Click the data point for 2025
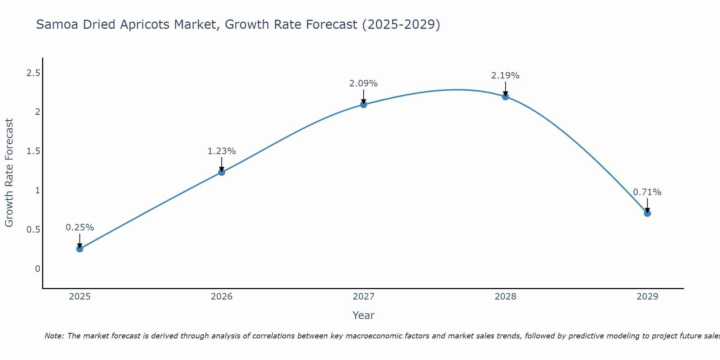[80, 249]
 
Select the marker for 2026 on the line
[221, 172]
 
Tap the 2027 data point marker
[364, 104]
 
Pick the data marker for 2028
[505, 96]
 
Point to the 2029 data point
[647, 213]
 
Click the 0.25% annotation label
[80, 228]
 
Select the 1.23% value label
[221, 151]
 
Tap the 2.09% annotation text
[364, 84]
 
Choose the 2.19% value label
[505, 76]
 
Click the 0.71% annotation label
[647, 192]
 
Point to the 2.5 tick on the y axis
[33, 73]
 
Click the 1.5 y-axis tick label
[33, 151]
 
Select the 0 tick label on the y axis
[37, 269]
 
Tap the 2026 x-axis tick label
[221, 297]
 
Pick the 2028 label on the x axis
[505, 297]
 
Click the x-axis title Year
[364, 315]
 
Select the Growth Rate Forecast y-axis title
[9, 173]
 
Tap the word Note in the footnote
[54, 336]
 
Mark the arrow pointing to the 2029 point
[647, 205]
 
